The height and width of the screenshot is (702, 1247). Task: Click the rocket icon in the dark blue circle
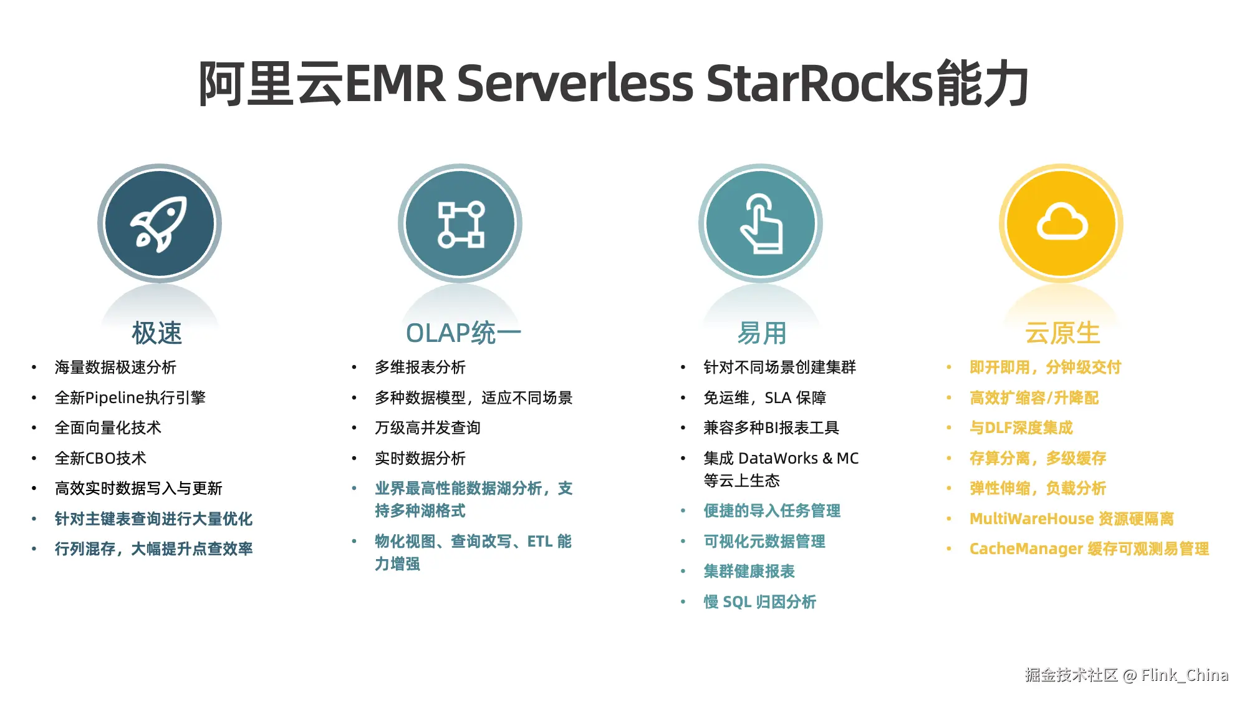(x=159, y=224)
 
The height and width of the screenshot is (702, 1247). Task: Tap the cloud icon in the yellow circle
(x=1062, y=223)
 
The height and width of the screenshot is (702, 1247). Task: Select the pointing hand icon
(x=761, y=224)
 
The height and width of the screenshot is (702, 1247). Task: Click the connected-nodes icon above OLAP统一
(x=461, y=224)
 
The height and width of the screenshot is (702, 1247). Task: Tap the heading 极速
(x=157, y=333)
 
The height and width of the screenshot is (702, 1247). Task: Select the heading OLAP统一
(x=463, y=333)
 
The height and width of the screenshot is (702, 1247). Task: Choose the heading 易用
(x=762, y=333)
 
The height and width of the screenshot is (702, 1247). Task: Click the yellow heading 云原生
(x=1062, y=333)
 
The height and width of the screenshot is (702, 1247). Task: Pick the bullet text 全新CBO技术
(x=100, y=458)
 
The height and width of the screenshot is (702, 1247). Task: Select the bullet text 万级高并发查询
(x=428, y=427)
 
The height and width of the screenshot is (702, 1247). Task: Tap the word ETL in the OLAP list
(x=540, y=541)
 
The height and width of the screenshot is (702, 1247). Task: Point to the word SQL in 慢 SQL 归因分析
(x=736, y=602)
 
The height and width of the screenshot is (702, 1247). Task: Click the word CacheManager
(x=1026, y=548)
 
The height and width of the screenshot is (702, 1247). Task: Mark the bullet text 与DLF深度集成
(x=1021, y=427)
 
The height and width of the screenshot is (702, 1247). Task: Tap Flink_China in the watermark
(x=1185, y=675)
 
